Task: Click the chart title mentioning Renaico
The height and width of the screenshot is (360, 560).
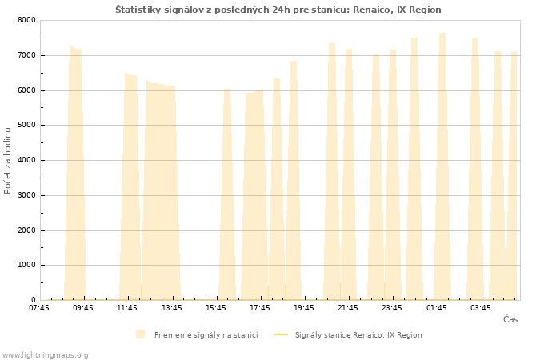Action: [278, 10]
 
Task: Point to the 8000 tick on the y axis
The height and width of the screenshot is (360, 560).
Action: [26, 20]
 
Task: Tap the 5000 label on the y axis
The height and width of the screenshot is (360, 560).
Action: [26, 125]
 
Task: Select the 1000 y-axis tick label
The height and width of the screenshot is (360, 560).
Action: [26, 265]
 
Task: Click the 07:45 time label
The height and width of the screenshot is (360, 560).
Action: [39, 308]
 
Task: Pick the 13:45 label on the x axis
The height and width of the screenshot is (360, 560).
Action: [172, 308]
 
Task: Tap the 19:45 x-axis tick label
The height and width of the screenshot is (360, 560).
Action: [304, 308]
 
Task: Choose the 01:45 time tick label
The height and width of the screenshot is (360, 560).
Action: [437, 308]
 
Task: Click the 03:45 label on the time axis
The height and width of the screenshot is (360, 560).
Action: [480, 308]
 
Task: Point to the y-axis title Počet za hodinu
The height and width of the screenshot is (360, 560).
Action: [7, 161]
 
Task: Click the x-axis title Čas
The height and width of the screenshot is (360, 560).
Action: [510, 319]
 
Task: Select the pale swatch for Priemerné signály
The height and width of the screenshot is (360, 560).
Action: [140, 334]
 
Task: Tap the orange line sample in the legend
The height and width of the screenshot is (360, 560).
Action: [281, 334]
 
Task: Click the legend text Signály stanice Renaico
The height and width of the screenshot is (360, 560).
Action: [358, 335]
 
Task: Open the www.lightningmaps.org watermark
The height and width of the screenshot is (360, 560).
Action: [45, 355]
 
